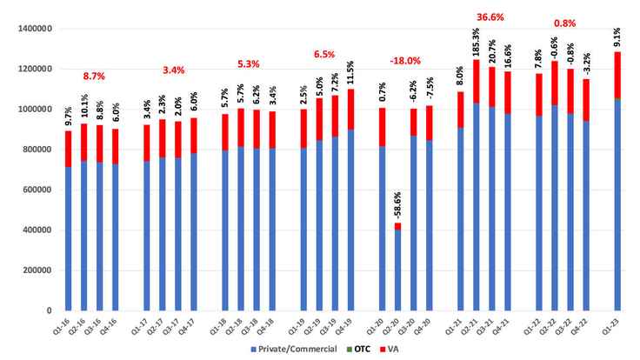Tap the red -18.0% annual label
[406, 61]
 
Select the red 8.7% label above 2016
[93, 77]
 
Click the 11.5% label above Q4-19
[350, 71]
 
